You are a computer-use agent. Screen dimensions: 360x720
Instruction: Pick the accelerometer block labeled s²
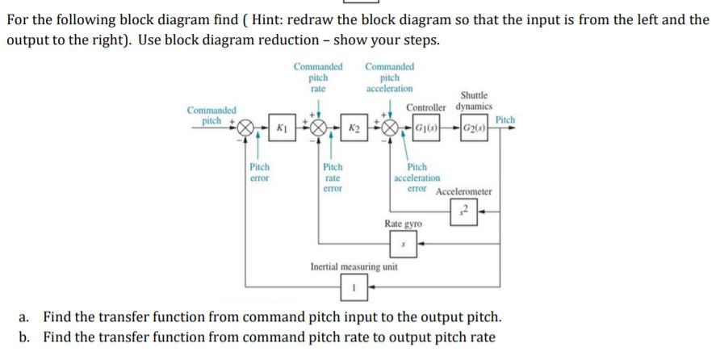pos(464,214)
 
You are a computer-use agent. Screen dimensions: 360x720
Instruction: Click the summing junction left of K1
pos(246,128)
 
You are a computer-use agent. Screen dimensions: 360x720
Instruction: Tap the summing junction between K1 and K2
pos(317,128)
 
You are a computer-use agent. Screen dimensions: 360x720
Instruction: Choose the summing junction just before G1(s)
pos(391,128)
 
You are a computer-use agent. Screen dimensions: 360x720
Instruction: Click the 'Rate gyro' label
pos(403,224)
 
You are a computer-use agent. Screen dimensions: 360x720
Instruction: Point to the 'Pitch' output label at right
pos(504,119)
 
